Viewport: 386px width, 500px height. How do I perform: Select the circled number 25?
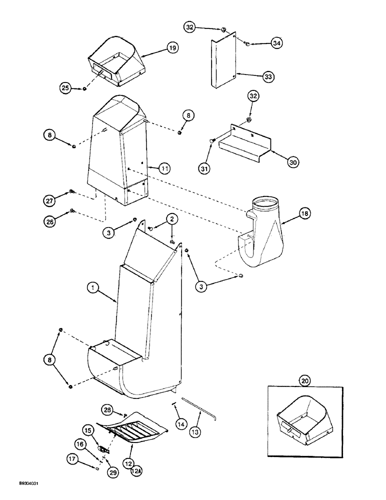point(65,88)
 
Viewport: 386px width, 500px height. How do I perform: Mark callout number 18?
point(304,213)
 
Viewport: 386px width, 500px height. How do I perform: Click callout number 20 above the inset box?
point(304,380)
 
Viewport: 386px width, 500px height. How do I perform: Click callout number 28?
point(107,409)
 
